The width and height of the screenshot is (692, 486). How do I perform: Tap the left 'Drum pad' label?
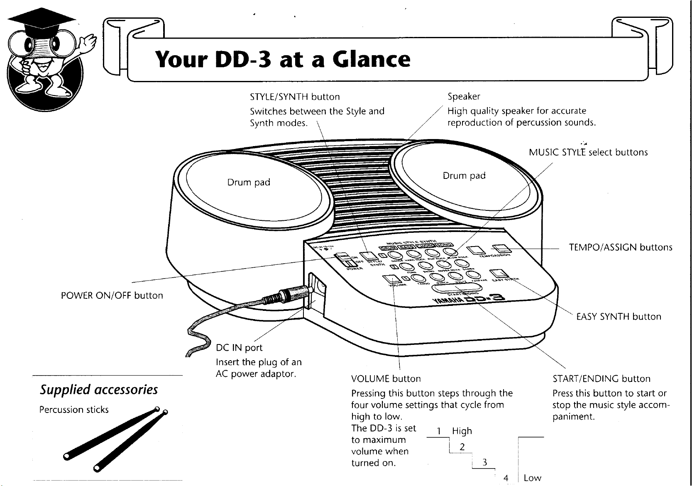pos(249,182)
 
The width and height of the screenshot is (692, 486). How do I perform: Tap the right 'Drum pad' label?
pos(464,176)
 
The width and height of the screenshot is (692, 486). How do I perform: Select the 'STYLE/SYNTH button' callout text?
pos(295,97)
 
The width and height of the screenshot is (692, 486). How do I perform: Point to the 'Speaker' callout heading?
pos(464,96)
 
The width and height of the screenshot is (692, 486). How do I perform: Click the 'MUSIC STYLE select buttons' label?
pos(588,152)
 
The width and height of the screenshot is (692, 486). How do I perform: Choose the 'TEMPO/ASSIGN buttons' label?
pos(620,248)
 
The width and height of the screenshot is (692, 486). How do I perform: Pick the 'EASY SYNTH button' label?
pos(619,317)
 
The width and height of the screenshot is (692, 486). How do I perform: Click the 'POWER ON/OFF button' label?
pos(112,296)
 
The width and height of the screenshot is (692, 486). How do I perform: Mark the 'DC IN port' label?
pos(240,347)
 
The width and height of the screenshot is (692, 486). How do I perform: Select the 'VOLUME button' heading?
pos(386,379)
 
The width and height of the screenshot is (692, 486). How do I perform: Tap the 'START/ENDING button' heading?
pos(602,379)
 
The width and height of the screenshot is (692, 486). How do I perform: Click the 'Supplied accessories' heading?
pos(99,390)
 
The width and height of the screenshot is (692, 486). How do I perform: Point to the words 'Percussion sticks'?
pos(74,410)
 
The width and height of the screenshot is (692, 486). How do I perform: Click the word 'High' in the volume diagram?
pos(462,431)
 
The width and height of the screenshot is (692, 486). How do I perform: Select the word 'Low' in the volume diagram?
pos(532,478)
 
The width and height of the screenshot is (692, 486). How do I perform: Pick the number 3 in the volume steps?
pos(484,462)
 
